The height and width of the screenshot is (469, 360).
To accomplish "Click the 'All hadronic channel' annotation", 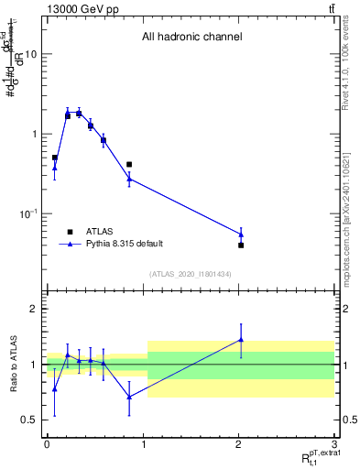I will coord(191,38).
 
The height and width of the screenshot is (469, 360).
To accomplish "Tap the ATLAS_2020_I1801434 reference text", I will coord(191,274).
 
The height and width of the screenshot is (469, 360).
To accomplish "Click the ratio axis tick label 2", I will coord(33,310).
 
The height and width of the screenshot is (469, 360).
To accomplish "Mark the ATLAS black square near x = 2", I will coord(241,245).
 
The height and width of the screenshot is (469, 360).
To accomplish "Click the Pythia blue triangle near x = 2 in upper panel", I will coord(241,234).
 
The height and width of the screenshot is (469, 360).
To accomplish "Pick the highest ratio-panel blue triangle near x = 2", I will coord(241,340).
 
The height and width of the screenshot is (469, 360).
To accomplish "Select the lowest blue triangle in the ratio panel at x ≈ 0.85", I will coord(129,397).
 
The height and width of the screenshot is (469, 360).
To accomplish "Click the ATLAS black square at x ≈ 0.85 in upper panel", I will coord(129,165).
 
